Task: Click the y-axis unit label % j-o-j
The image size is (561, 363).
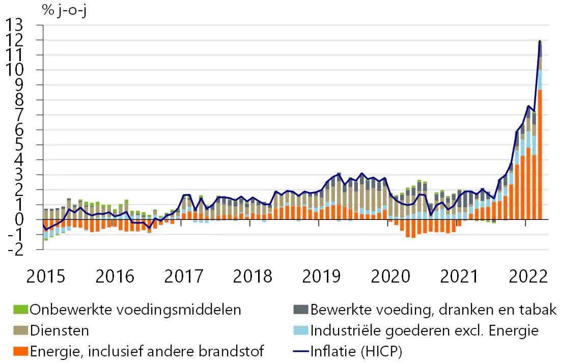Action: pyautogui.click(x=65, y=10)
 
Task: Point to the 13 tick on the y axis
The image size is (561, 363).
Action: pyautogui.click(x=15, y=25)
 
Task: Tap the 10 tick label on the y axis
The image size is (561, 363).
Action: pyautogui.click(x=15, y=70)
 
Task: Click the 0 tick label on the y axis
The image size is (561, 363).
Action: pyautogui.click(x=19, y=219)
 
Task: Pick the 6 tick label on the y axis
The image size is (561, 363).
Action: pyautogui.click(x=19, y=130)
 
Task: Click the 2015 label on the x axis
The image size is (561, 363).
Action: pyautogui.click(x=46, y=276)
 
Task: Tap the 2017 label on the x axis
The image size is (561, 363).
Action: pyautogui.click(x=184, y=276)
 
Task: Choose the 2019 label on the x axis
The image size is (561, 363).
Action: pyautogui.click(x=321, y=276)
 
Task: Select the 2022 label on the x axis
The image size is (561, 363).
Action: pyautogui.click(x=528, y=276)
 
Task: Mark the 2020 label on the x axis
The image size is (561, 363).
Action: pyautogui.click(x=390, y=276)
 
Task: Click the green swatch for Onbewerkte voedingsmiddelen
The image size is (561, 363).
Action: pyautogui.click(x=20, y=310)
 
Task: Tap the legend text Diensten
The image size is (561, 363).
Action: pyautogui.click(x=60, y=330)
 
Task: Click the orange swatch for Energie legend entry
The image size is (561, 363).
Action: pyautogui.click(x=20, y=351)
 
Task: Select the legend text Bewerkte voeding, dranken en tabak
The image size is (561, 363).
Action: pyautogui.click(x=433, y=310)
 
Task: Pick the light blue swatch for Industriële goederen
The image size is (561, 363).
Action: pyautogui.click(x=300, y=330)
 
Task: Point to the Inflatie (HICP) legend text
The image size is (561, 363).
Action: pyautogui.click(x=356, y=352)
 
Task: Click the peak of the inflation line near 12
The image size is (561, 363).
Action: pyautogui.click(x=540, y=41)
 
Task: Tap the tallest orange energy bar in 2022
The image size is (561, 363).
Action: pyautogui.click(x=540, y=154)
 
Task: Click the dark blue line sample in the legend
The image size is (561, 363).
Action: pyautogui.click(x=300, y=351)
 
